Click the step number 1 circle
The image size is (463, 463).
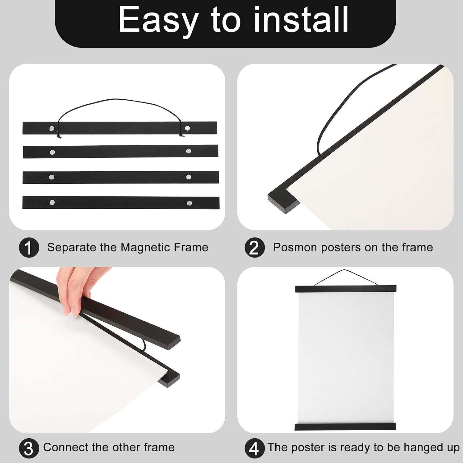pyautogui.click(x=29, y=248)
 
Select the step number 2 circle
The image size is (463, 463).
pyautogui.click(x=255, y=248)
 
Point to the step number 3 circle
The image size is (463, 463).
pyautogui.click(x=29, y=448)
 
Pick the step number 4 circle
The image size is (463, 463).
pyautogui.click(x=255, y=448)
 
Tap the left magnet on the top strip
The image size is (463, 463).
pyautogui.click(x=52, y=128)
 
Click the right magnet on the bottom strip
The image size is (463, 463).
pyautogui.click(x=190, y=203)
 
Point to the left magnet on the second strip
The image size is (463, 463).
pyautogui.click(x=52, y=152)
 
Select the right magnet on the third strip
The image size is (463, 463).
pyautogui.click(x=189, y=177)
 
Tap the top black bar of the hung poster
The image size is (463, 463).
pyautogui.click(x=346, y=289)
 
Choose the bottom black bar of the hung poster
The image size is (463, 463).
pyautogui.click(x=345, y=427)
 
